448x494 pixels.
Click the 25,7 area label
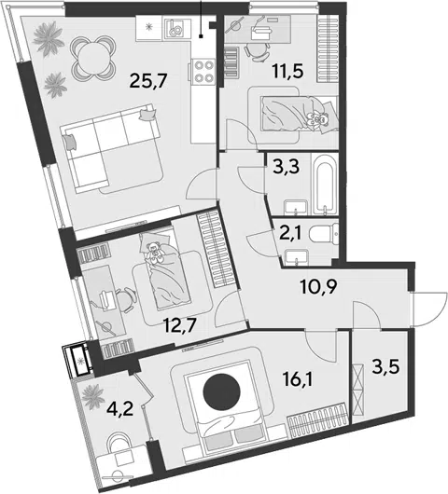click(x=147, y=81)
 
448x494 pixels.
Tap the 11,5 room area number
click(x=287, y=72)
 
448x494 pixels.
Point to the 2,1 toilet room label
click(x=288, y=233)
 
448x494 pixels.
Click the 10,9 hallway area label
click(x=318, y=287)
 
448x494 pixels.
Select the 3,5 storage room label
click(x=385, y=367)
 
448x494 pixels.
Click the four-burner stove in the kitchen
click(x=203, y=71)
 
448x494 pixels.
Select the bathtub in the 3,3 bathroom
click(x=325, y=185)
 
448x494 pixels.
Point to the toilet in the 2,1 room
click(x=323, y=233)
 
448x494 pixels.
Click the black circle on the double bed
click(x=222, y=392)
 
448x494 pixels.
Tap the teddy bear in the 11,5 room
click(x=316, y=120)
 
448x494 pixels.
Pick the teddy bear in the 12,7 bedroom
click(x=155, y=252)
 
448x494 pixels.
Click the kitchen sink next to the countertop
click(x=176, y=29)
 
